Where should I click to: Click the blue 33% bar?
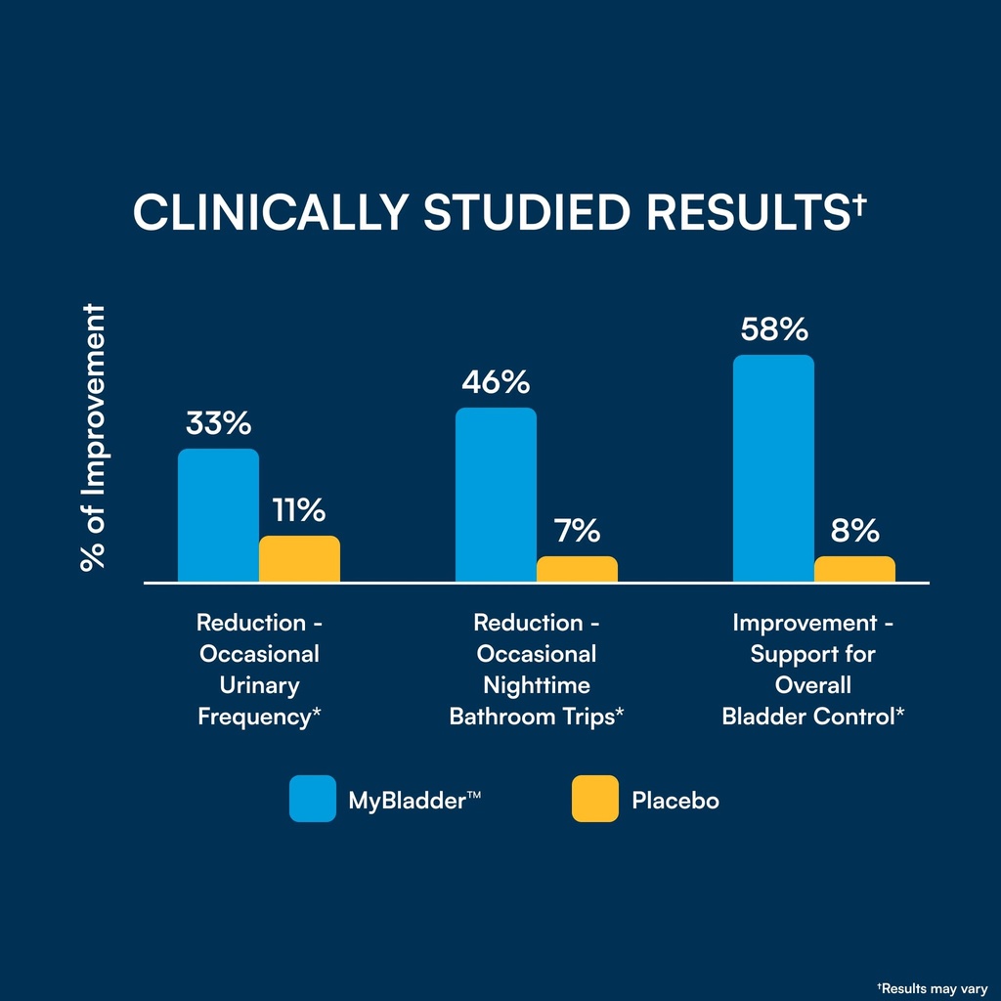tap(218, 515)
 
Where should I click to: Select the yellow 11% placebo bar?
tap(299, 558)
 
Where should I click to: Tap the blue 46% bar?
tap(496, 495)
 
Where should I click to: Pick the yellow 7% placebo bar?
tap(577, 569)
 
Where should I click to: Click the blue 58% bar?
tap(774, 468)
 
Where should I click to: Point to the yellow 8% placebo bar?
tap(854, 569)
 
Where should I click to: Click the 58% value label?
tap(774, 329)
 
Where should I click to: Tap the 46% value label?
tap(496, 382)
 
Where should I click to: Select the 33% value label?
tap(218, 423)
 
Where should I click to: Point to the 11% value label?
tap(299, 510)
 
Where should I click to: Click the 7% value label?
tap(577, 531)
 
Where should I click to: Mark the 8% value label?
tap(854, 531)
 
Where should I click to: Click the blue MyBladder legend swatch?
tap(313, 799)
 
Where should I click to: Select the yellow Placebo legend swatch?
tap(595, 799)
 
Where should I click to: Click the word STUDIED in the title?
tap(527, 212)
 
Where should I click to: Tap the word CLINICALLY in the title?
tap(271, 212)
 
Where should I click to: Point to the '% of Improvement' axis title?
tap(93, 437)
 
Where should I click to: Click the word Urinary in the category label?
tap(259, 685)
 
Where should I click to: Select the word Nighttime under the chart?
tap(537, 685)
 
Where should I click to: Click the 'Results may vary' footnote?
tap(932, 989)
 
